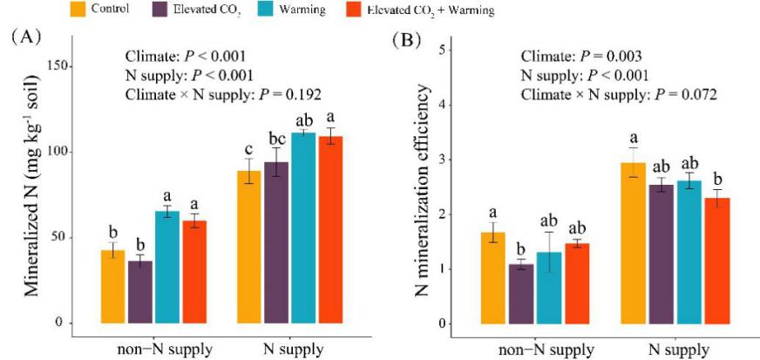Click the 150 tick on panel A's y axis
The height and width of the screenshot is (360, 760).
point(54,65)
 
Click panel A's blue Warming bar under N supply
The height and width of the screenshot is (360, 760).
point(302,228)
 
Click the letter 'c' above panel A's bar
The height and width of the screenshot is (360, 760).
point(249,148)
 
